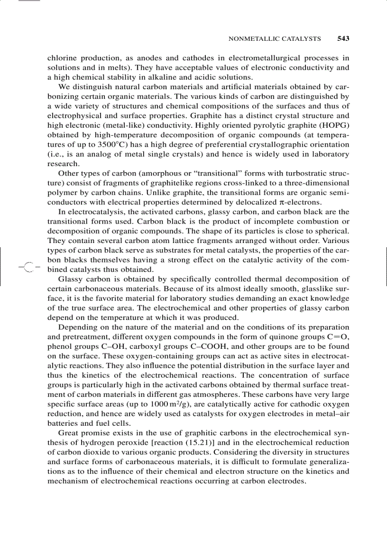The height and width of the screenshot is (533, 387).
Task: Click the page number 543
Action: click(343, 38)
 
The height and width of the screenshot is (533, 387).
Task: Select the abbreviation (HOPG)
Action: click(333, 125)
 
